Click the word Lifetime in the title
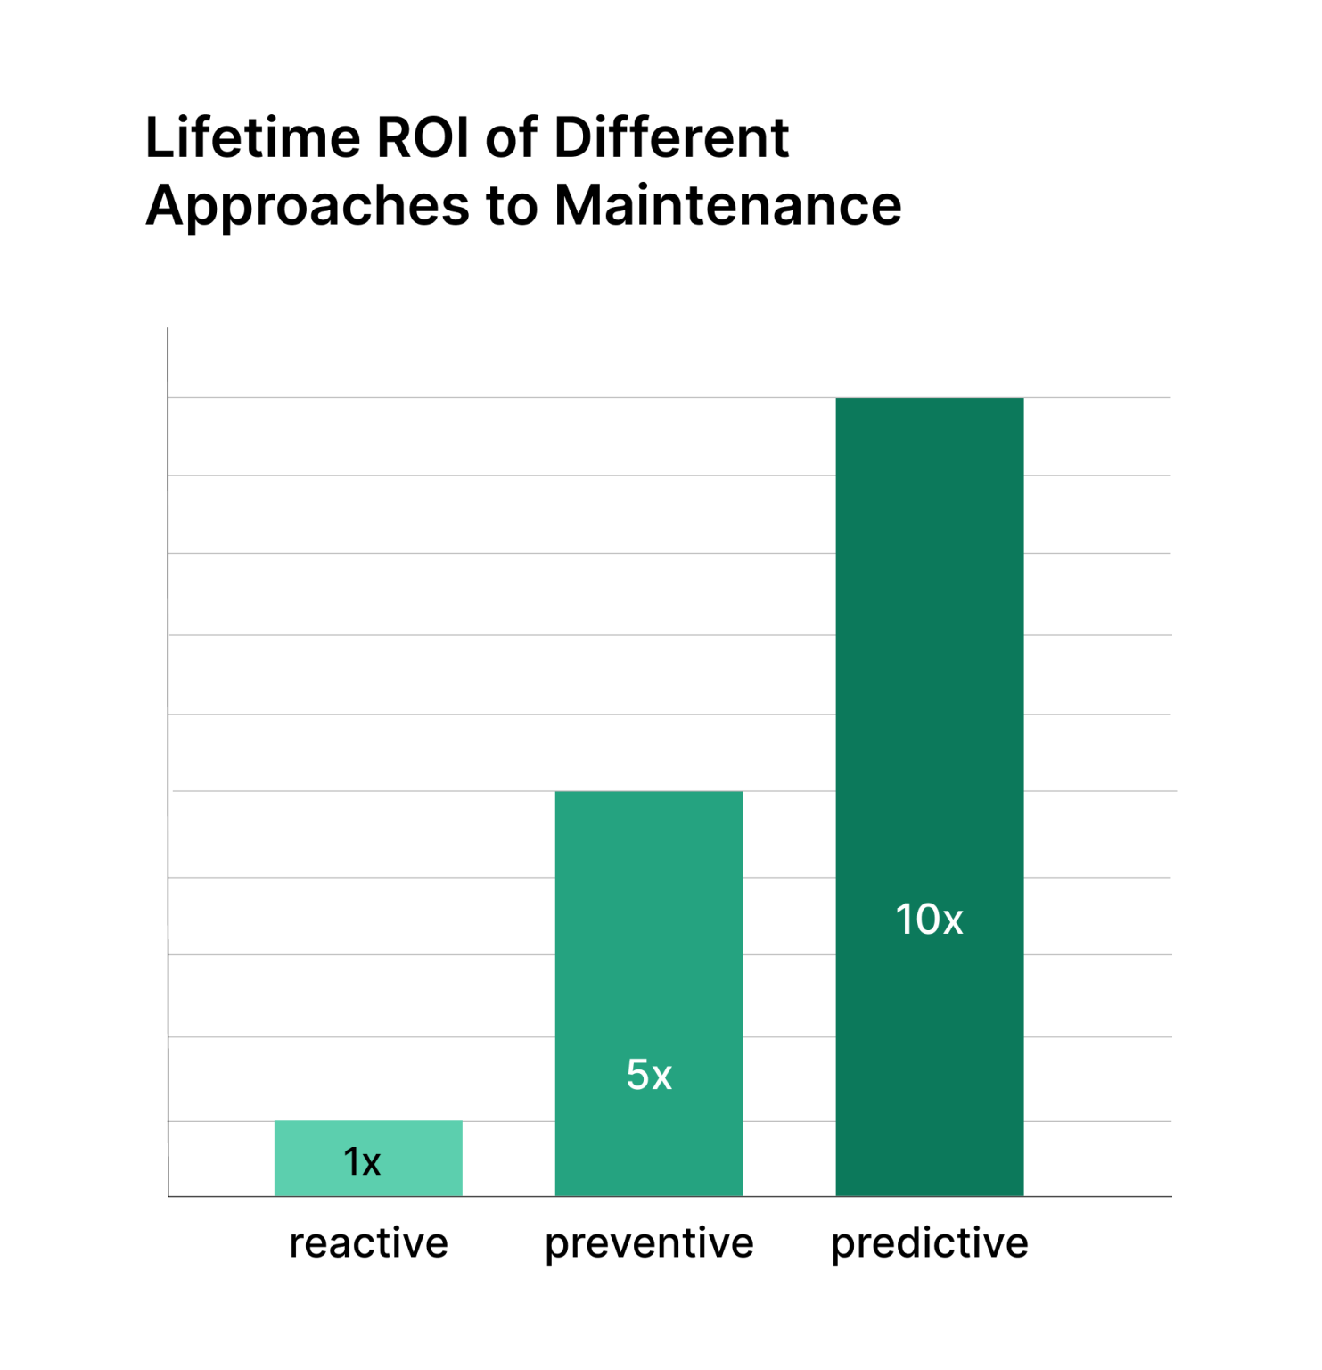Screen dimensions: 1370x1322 point(253,138)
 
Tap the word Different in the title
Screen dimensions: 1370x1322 point(671,138)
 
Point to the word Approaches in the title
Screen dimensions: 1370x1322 point(307,207)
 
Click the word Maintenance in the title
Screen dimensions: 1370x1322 point(727,206)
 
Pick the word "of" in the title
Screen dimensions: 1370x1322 point(511,138)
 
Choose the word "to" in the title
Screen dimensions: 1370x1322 point(512,207)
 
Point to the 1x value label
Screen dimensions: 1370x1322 point(362,1161)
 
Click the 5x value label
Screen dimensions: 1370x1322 point(648,1075)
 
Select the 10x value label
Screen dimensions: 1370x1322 point(929,920)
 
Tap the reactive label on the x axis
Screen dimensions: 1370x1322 point(368,1242)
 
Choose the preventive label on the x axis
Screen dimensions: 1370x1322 point(649,1243)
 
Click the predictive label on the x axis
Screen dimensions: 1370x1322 point(929,1243)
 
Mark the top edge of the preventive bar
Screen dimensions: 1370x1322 point(648,792)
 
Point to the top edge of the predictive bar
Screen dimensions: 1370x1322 point(929,399)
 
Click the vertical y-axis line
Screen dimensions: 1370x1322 point(168,758)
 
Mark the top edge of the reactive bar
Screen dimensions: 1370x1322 point(368,1121)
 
